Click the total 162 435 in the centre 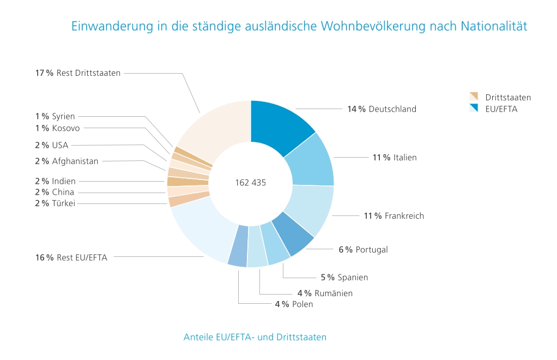pos(251,183)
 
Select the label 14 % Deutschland pos(382,109)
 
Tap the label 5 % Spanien pos(344,277)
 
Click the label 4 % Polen pos(294,304)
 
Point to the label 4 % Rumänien pos(325,293)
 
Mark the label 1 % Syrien pos(55,116)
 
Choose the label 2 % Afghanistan pos(66,161)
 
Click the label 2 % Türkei pos(55,203)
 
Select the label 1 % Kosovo pos(57,128)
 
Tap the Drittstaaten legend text pos(508,98)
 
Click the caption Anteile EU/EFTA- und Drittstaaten pos(255,337)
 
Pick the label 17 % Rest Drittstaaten pos(78,73)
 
